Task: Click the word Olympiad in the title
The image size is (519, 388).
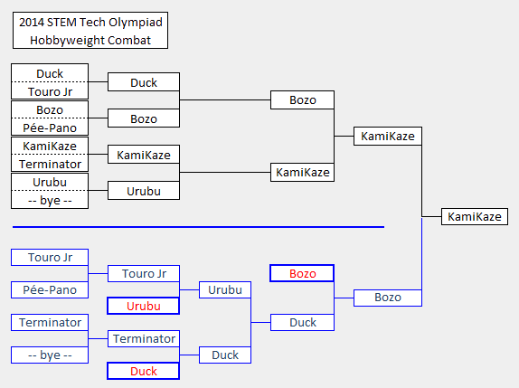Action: point(136,23)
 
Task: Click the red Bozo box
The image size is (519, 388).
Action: point(302,273)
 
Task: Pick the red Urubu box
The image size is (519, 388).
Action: point(144,306)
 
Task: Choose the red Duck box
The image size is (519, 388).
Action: point(144,371)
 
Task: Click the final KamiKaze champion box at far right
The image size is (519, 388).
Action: point(475,216)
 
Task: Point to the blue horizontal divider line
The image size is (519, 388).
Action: point(198,227)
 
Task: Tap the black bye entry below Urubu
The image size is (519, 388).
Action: point(50,200)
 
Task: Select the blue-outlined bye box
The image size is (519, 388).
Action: point(50,355)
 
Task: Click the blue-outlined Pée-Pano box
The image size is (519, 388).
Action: point(50,290)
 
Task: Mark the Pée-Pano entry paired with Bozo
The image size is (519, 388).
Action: point(50,128)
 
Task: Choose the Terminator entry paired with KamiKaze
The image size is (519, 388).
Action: point(50,164)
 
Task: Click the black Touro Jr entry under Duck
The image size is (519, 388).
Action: point(50,91)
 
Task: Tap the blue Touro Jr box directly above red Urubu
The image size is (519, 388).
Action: point(144,273)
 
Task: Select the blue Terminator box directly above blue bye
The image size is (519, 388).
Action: point(50,323)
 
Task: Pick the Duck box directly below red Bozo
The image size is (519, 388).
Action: point(302,323)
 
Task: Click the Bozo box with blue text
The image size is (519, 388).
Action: point(388,298)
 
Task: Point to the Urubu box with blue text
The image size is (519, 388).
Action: point(225,290)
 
